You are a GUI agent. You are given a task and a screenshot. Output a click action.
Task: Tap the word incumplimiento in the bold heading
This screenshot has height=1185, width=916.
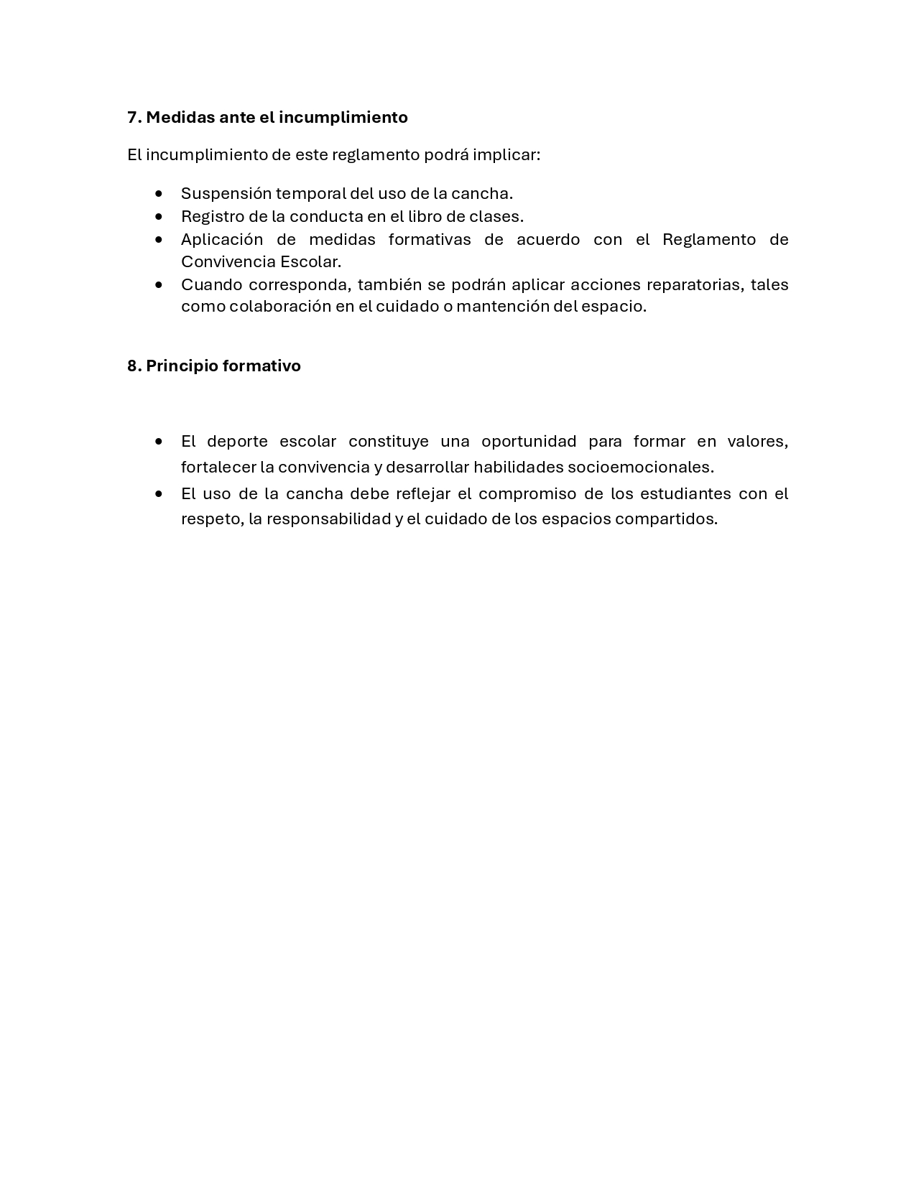point(343,117)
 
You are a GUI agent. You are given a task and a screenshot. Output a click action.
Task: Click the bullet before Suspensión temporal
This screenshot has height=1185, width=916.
point(159,193)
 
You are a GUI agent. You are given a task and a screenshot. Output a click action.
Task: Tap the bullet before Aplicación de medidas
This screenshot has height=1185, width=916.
point(159,239)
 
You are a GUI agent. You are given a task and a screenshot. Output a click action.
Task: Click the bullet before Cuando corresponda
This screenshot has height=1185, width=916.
point(159,284)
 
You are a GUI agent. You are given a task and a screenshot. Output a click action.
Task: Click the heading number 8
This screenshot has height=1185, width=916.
point(133,366)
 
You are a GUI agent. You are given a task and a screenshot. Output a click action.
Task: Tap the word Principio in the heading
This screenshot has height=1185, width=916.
point(182,366)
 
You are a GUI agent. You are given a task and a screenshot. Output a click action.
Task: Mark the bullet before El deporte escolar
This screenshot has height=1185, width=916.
point(159,441)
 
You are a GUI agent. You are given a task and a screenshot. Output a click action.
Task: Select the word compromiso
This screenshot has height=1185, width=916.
point(527,493)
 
